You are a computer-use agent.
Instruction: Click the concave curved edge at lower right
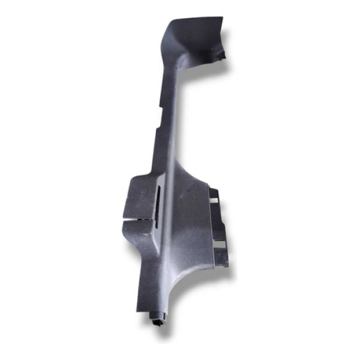coord(192,282)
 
